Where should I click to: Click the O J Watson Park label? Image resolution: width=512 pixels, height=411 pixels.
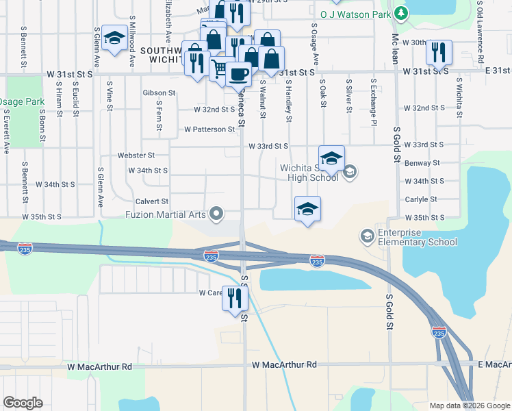[x=356, y=13]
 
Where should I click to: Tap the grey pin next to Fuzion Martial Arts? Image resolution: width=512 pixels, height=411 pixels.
[x=217, y=214]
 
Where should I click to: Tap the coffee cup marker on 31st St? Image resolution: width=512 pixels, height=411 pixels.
[x=238, y=73]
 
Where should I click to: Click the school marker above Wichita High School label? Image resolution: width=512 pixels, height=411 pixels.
[x=331, y=158]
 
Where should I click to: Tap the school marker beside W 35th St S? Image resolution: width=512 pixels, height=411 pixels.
[x=307, y=208]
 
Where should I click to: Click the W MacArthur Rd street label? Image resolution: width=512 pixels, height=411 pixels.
[x=99, y=366]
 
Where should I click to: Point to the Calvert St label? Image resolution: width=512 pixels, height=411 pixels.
[x=151, y=201]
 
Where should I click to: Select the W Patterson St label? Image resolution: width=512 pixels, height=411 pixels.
[x=209, y=129]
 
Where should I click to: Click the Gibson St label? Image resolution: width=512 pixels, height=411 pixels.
[x=159, y=92]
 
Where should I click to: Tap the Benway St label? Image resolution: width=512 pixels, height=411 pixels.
[x=422, y=163]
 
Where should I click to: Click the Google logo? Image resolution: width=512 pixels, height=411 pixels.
[x=23, y=403]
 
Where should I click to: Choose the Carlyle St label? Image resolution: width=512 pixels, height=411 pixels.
[x=420, y=199]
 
